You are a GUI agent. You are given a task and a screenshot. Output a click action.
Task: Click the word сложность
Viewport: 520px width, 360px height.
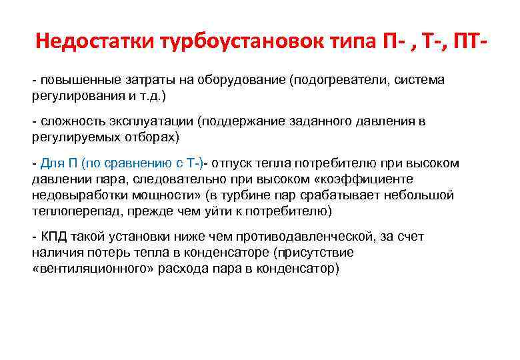click(69, 122)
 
